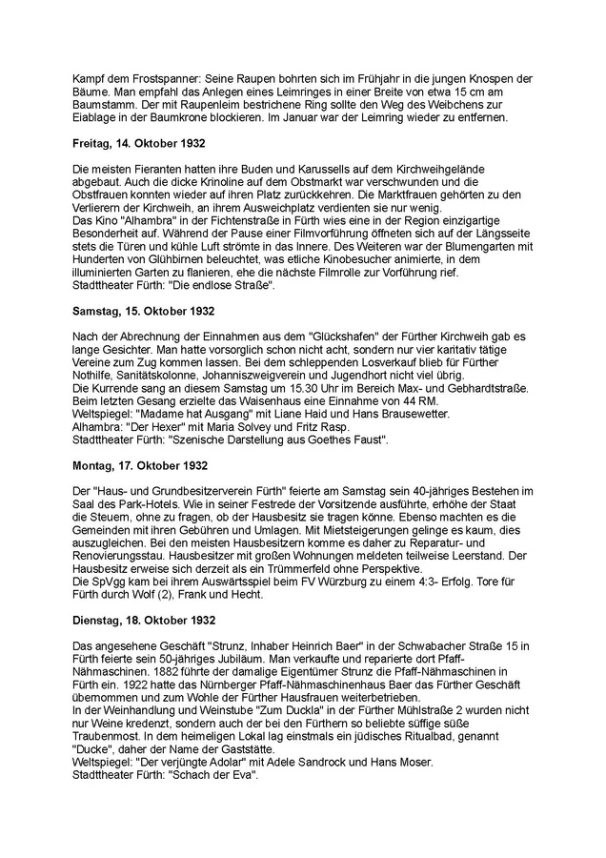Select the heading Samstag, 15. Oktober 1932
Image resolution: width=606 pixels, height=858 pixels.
(x=144, y=311)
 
